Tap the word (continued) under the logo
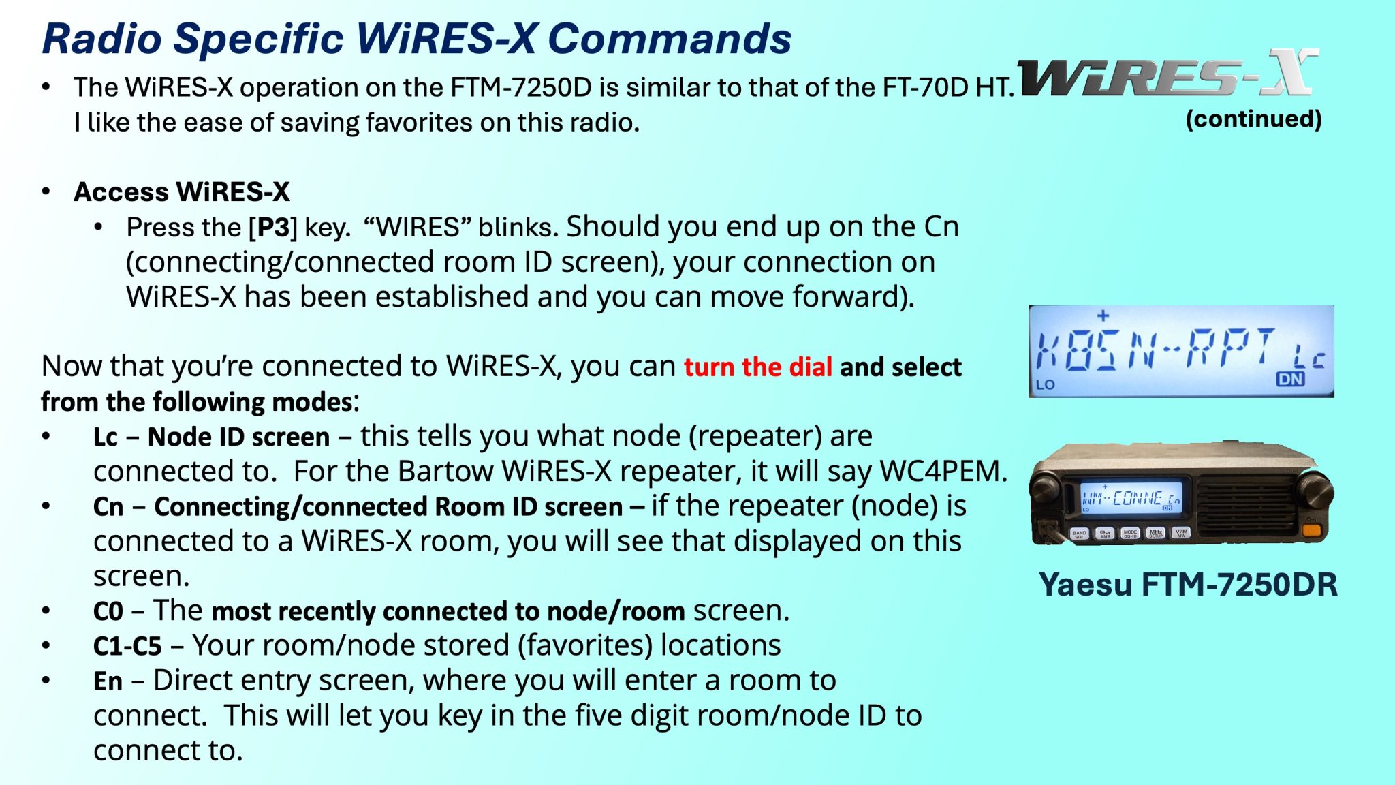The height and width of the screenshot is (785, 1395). [x=1253, y=119]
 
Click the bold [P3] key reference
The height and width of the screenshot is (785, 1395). [x=273, y=227]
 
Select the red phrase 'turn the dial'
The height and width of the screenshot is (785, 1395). [x=757, y=367]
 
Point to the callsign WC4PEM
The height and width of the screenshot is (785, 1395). [x=943, y=471]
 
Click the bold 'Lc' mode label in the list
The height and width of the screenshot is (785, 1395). [x=106, y=437]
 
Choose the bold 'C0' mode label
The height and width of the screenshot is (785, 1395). [x=108, y=611]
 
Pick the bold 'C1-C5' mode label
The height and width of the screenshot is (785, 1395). [x=127, y=646]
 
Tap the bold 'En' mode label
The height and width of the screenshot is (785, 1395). [x=108, y=681]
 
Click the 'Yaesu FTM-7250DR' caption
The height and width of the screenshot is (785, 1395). [x=1188, y=585]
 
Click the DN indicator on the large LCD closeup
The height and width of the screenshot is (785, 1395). [x=1290, y=379]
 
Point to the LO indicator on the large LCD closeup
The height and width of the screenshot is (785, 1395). [x=1046, y=384]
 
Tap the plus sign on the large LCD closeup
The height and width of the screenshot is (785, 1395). [x=1103, y=315]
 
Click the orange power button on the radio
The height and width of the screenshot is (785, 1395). [x=1311, y=529]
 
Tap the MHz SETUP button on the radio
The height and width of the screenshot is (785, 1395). [x=1156, y=533]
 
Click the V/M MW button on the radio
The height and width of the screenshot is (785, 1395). [x=1181, y=533]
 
